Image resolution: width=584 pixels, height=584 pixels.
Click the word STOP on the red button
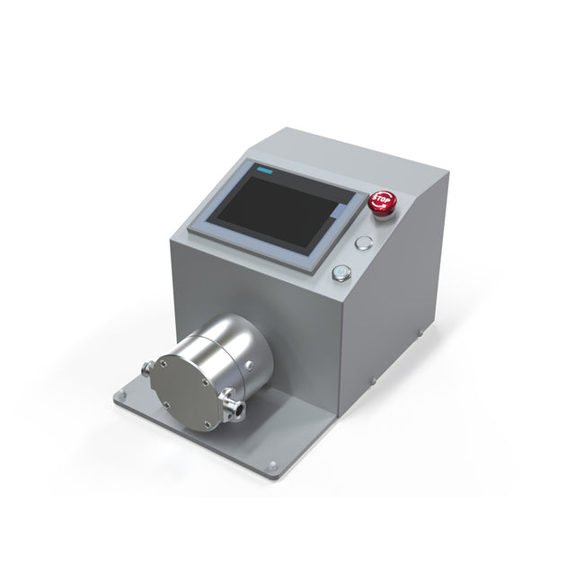coord(382,199)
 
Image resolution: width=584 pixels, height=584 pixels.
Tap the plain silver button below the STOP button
coord(364,242)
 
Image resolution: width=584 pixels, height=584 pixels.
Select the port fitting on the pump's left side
coord(146,367)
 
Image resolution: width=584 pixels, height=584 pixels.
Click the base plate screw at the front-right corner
coord(273,465)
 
